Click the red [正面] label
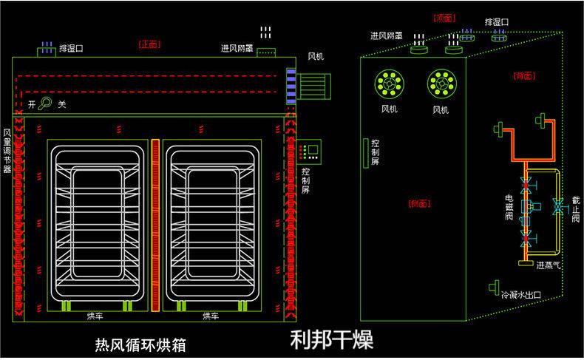click(150, 44)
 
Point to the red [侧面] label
click(418, 203)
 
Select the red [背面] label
click(524, 75)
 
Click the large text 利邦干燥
click(331, 339)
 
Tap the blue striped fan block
click(291, 82)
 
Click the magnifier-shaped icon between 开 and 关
click(46, 104)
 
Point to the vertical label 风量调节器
click(7, 151)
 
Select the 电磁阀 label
click(509, 208)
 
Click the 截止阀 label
click(575, 208)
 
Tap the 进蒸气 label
click(549, 265)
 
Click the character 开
click(32, 105)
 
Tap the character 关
click(62, 105)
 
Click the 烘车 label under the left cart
click(95, 316)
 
